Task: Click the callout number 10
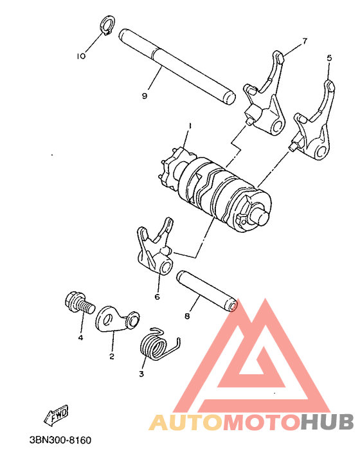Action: point(80,56)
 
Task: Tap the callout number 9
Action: point(145,96)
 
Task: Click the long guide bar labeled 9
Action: point(177,65)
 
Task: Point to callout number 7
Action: point(305,41)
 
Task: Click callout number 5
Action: point(329,57)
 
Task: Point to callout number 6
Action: point(157,297)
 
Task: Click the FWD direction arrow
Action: point(57,415)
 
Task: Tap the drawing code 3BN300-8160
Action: point(60,440)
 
